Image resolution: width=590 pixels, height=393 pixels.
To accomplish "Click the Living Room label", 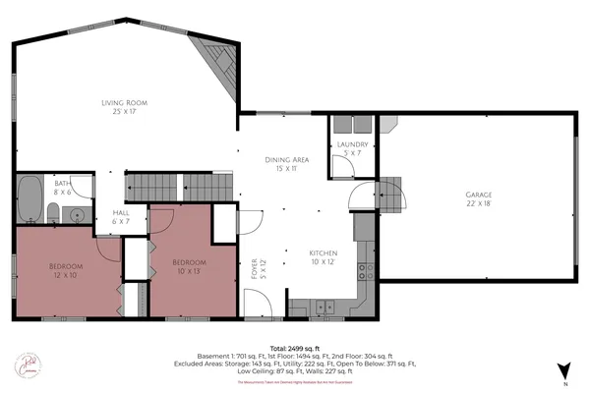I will [124, 107].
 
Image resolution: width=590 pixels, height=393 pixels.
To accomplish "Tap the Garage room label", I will [479, 199].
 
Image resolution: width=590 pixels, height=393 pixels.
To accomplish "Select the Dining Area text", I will [287, 164].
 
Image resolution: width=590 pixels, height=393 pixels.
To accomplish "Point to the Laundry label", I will [352, 149].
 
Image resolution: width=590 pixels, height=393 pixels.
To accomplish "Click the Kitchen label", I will [324, 256].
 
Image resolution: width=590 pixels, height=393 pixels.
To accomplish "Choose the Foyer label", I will [254, 268].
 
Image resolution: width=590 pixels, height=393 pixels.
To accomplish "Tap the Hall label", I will [122, 217].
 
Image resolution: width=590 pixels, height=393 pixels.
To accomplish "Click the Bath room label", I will [63, 188].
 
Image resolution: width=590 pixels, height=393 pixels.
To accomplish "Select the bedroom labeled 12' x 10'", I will [66, 271].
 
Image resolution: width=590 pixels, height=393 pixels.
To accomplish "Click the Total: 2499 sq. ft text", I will [295, 348].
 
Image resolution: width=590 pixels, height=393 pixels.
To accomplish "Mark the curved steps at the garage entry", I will [390, 194].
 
